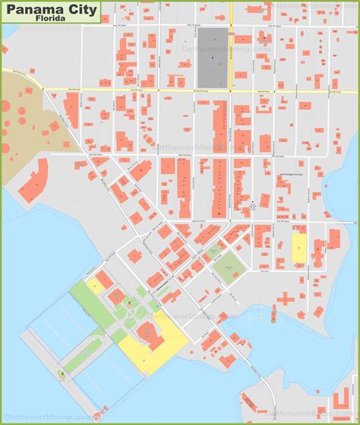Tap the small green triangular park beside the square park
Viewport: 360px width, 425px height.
(x=215, y=250)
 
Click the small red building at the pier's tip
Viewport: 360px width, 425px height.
(x=62, y=373)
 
